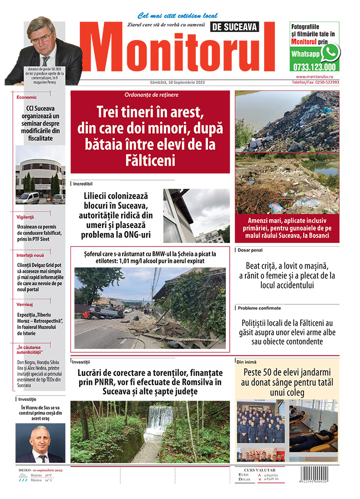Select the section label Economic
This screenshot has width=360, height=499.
click(x=27, y=97)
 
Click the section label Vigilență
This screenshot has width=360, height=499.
click(x=25, y=217)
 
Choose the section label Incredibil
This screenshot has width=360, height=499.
click(x=83, y=184)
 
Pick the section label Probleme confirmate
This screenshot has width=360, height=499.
click(x=259, y=308)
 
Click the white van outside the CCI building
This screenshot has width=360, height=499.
click(x=27, y=198)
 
